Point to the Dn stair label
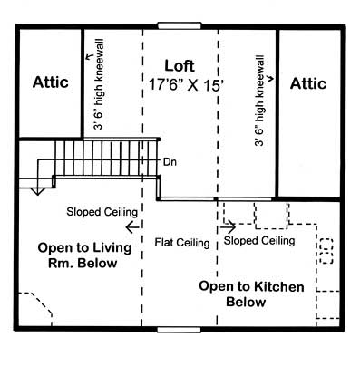click(169, 163)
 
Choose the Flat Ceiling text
click(182, 243)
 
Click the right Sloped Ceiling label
click(259, 242)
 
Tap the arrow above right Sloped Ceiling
click(229, 226)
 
